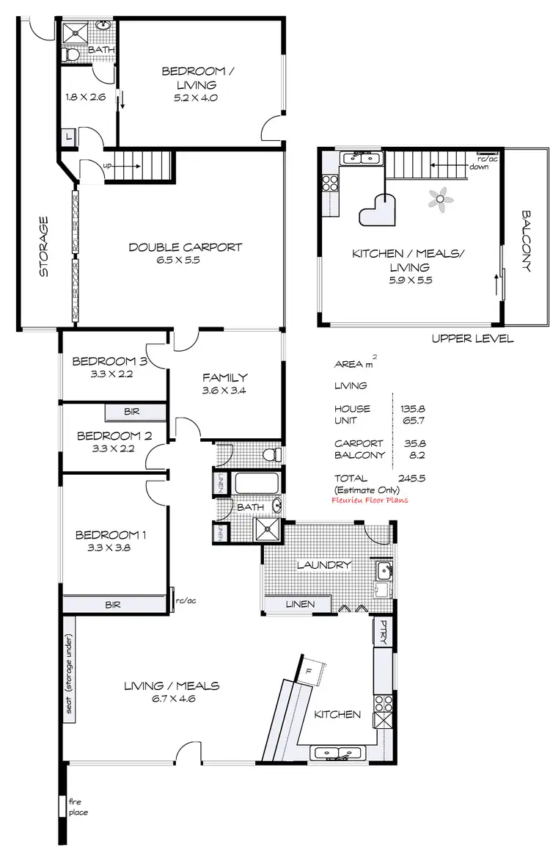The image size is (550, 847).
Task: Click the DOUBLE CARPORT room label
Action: point(185,247)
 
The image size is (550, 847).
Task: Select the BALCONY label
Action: point(526,241)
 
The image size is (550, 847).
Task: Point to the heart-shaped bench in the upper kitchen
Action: point(378,211)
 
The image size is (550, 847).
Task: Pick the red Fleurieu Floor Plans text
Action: point(370,500)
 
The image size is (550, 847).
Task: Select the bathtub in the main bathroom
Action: point(257,484)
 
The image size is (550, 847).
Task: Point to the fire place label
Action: point(78,807)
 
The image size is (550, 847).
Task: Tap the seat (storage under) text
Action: point(69,669)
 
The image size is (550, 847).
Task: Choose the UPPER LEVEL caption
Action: point(472,339)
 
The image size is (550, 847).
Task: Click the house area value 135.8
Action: point(412,409)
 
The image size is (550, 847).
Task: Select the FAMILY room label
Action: point(224,377)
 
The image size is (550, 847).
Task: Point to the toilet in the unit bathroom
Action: point(72,55)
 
